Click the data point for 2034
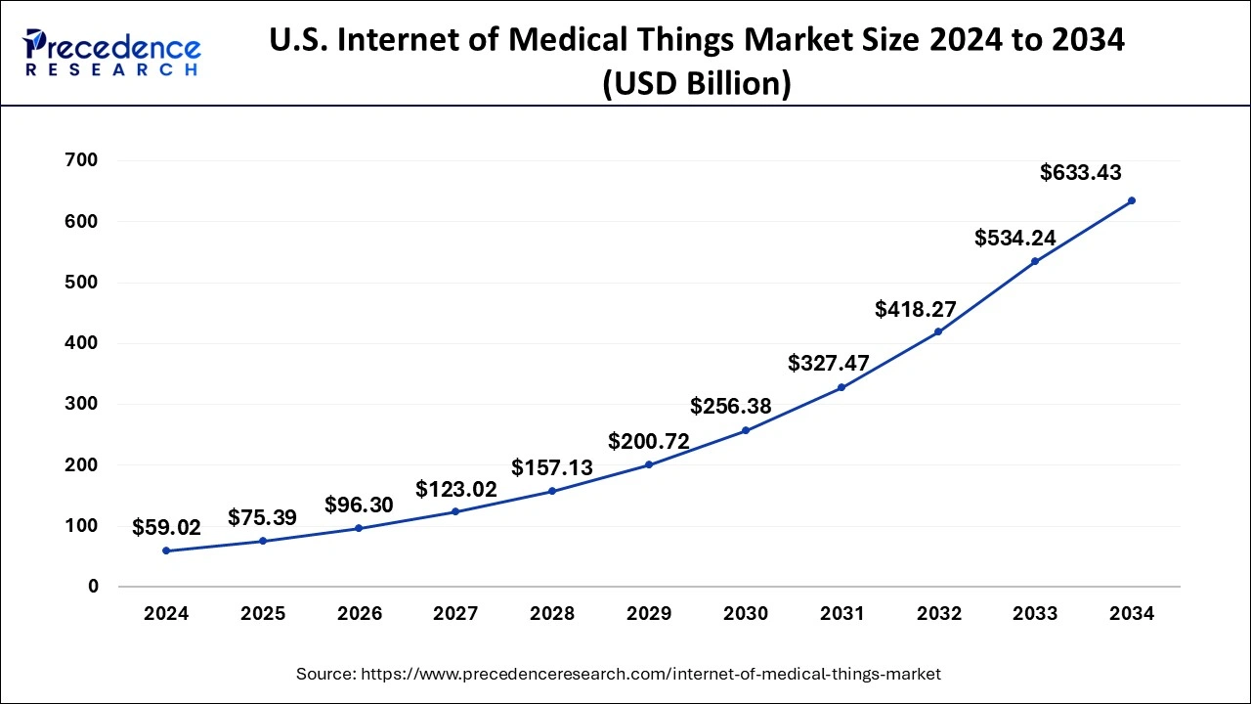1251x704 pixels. pos(1132,200)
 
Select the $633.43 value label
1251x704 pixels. pos(1080,173)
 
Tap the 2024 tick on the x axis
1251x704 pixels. pos(166,614)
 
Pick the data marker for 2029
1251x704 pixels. pos(649,464)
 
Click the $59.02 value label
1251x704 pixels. pos(166,528)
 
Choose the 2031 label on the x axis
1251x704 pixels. pos(841,614)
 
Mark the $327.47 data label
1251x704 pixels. pos(828,363)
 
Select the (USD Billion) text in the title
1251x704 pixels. pos(696,84)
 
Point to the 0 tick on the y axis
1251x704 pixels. pos(94,587)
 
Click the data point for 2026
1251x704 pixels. pos(359,528)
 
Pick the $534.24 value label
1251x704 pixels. pos(1015,238)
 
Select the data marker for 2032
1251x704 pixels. pos(938,331)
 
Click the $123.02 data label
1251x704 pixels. pos(456,488)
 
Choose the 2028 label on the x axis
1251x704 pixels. pos(552,614)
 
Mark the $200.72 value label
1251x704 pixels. pos(649,441)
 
